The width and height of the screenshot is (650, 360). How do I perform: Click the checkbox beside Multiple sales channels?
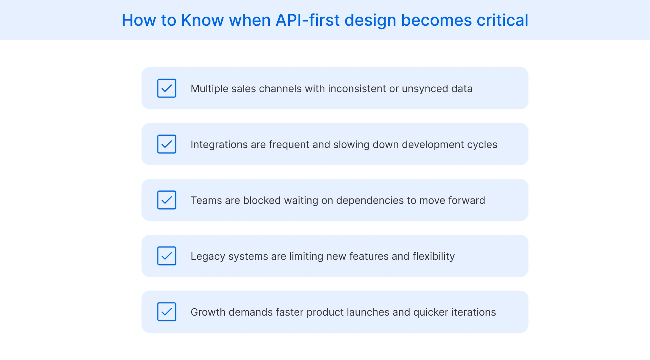(x=167, y=88)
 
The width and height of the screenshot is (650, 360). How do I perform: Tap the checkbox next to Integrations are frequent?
(x=167, y=144)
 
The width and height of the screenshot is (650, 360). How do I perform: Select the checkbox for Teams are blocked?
(x=167, y=200)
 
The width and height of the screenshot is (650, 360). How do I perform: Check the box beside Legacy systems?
(x=167, y=256)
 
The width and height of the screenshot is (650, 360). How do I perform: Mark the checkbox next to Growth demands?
(x=167, y=312)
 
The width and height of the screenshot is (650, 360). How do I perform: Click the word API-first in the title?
(x=307, y=20)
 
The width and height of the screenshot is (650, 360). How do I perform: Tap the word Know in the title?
(x=202, y=20)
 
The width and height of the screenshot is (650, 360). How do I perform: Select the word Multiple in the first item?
(x=209, y=89)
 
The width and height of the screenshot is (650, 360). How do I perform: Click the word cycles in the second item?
(x=482, y=145)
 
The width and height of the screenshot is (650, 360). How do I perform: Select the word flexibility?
(x=433, y=256)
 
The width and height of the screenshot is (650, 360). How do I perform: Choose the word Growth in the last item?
(x=208, y=312)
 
